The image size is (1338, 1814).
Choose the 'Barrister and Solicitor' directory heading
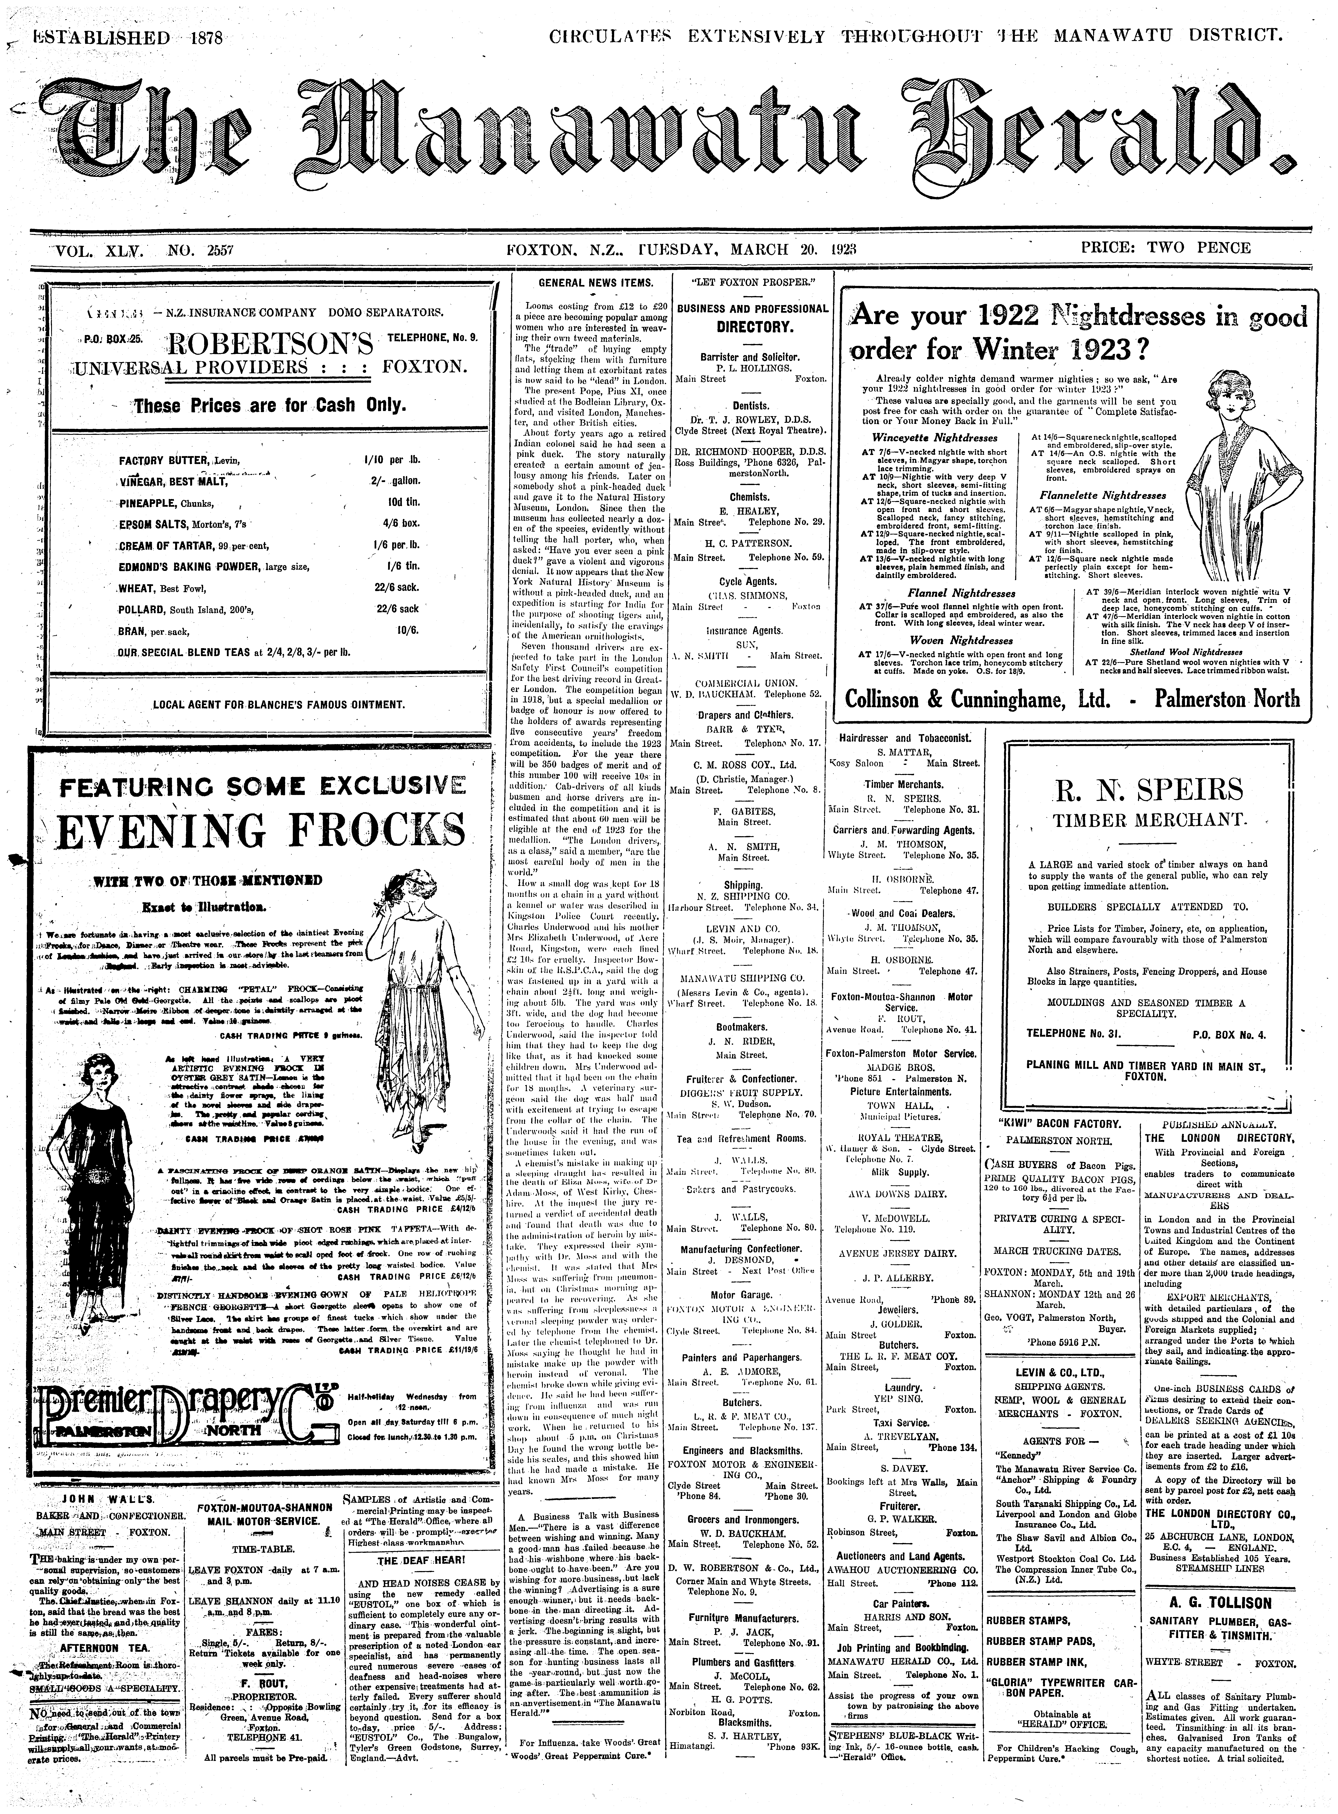click(x=749, y=356)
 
